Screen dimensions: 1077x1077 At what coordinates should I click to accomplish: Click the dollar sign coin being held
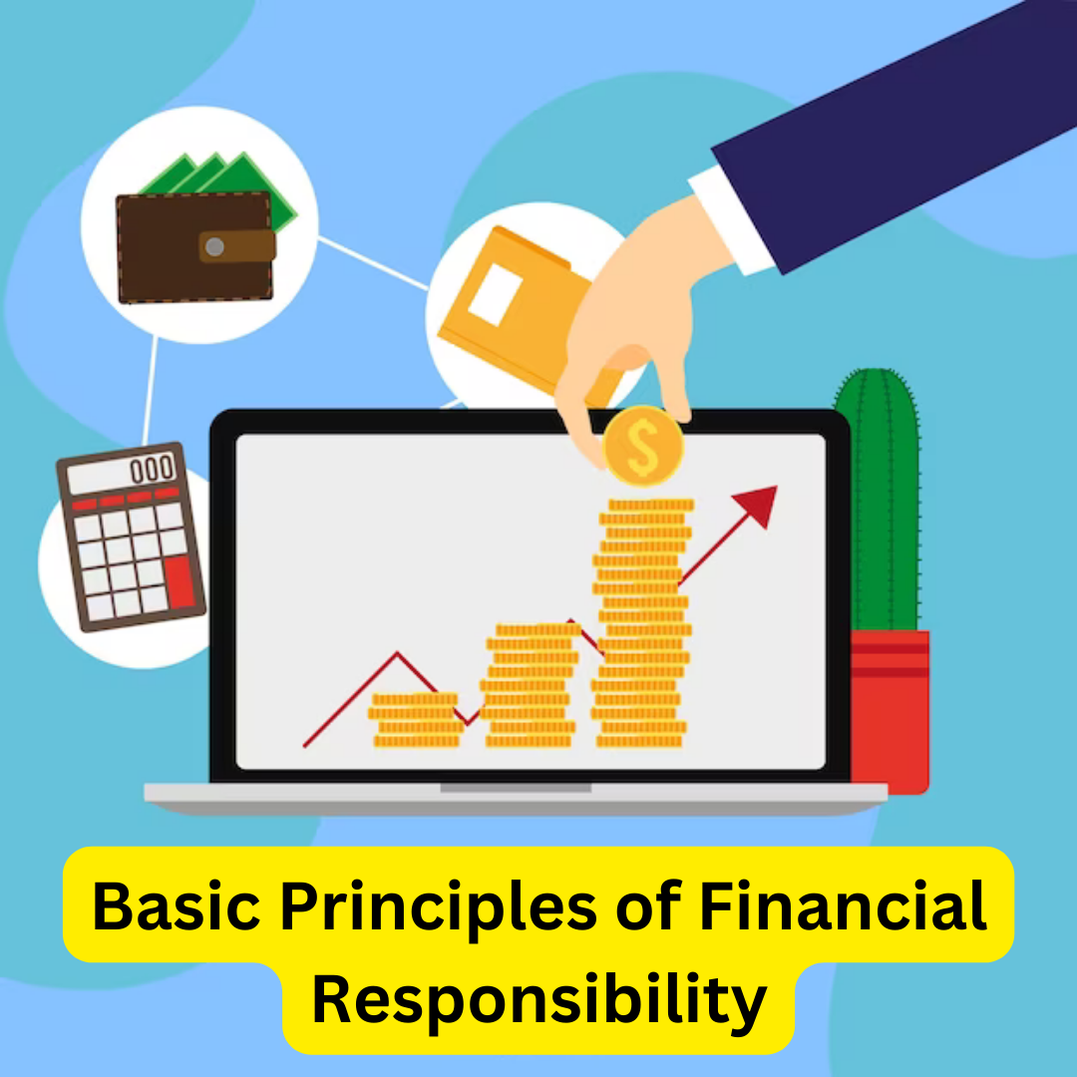pyautogui.click(x=642, y=448)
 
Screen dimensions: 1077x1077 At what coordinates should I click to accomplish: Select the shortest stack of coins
pyautogui.click(x=416, y=720)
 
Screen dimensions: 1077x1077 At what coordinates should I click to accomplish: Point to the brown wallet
pyautogui.click(x=193, y=246)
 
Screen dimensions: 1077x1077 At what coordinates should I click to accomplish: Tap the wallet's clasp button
pyautogui.click(x=215, y=246)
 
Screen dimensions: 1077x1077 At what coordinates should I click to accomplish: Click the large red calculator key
pyautogui.click(x=180, y=582)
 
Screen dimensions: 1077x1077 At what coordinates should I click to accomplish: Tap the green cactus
pyautogui.click(x=877, y=499)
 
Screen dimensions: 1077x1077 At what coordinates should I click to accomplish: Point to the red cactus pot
pyautogui.click(x=889, y=708)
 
